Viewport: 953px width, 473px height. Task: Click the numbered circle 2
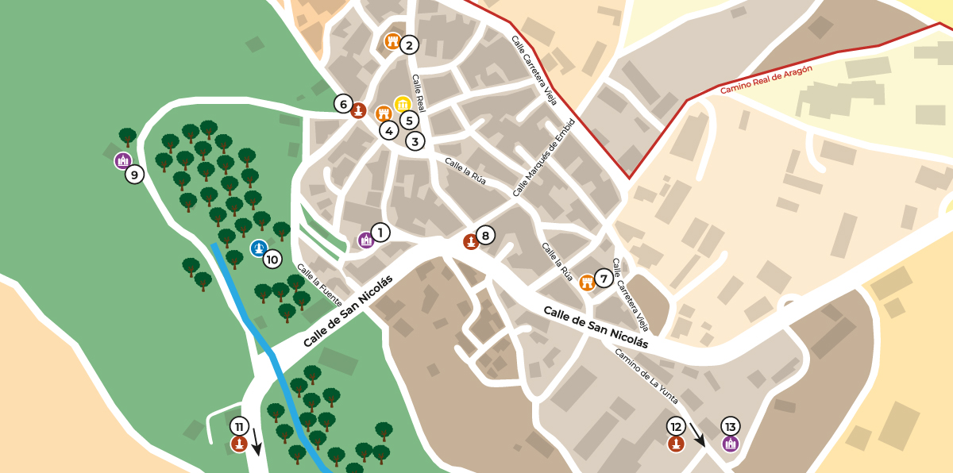point(409,45)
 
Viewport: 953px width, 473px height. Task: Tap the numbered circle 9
point(134,175)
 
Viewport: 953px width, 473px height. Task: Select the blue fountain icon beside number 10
point(258,248)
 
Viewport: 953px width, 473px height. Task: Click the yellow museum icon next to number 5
point(403,105)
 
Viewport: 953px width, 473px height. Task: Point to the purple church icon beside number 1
point(365,240)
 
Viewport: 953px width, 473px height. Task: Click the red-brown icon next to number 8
point(470,241)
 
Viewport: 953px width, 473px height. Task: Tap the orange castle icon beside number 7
point(587,283)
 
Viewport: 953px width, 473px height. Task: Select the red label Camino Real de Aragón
point(766,80)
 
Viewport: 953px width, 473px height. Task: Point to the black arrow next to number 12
point(696,435)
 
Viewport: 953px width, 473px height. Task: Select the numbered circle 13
point(731,426)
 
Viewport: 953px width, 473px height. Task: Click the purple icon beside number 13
point(731,444)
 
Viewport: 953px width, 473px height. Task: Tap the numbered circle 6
point(343,104)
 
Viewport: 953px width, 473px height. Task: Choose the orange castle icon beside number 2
point(392,41)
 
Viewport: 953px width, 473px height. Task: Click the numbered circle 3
point(415,141)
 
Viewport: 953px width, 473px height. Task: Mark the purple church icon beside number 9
point(122,161)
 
